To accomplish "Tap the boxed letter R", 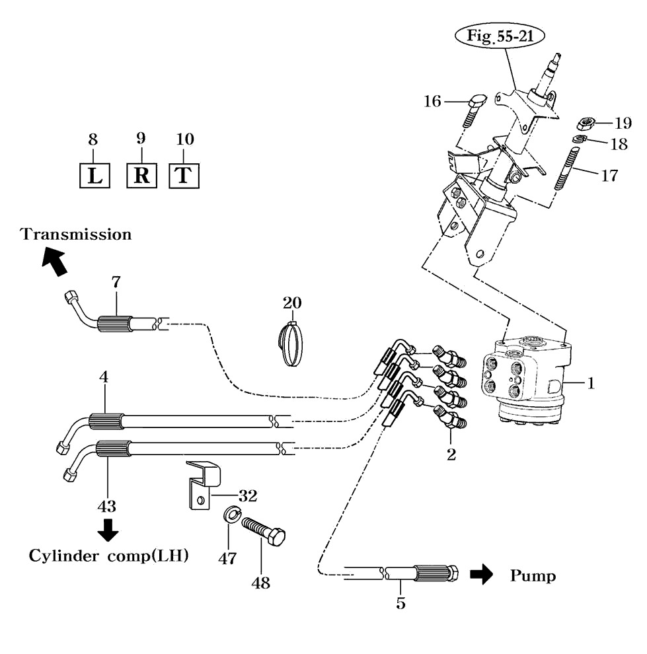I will click(x=141, y=176).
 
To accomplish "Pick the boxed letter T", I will click(x=185, y=176).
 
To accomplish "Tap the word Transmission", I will click(x=76, y=234).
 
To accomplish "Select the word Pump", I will click(x=533, y=576).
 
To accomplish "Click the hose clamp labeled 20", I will click(x=291, y=344).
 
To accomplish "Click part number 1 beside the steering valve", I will click(x=592, y=382).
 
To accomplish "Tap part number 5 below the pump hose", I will click(x=400, y=602).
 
